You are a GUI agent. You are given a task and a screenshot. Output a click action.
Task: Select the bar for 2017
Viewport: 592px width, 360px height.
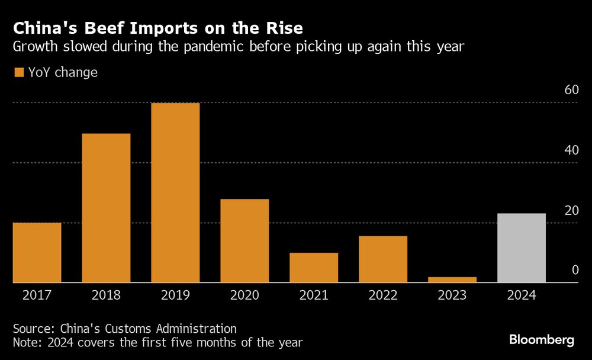pos(37,253)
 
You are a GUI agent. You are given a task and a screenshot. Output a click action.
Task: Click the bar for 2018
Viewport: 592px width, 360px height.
pos(106,208)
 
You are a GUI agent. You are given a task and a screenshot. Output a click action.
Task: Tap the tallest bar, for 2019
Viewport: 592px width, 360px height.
pos(175,193)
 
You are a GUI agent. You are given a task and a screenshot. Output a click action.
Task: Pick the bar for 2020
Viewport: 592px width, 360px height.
pos(244,241)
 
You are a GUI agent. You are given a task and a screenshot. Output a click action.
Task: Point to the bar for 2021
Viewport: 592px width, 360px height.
pos(314,268)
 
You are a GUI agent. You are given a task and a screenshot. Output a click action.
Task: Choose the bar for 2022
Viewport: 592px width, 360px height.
pos(383,259)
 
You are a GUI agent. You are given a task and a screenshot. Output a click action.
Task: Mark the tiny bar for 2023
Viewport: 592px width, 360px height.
pos(452,279)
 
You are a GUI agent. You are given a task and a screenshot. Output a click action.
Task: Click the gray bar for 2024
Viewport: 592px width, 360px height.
pos(522,248)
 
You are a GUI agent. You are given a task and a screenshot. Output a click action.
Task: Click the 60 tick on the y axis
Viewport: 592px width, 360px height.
pos(571,90)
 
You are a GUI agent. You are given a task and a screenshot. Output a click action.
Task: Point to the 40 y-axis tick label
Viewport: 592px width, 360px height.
pos(571,150)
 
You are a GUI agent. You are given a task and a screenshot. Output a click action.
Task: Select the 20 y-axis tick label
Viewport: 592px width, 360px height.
pos(571,210)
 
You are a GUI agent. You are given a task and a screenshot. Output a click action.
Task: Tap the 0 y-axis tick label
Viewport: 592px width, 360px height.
pos(574,271)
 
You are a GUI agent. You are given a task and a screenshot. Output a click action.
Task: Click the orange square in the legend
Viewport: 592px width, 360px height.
pos(18,73)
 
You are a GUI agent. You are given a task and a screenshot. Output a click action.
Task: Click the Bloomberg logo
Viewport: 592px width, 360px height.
pos(542,340)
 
